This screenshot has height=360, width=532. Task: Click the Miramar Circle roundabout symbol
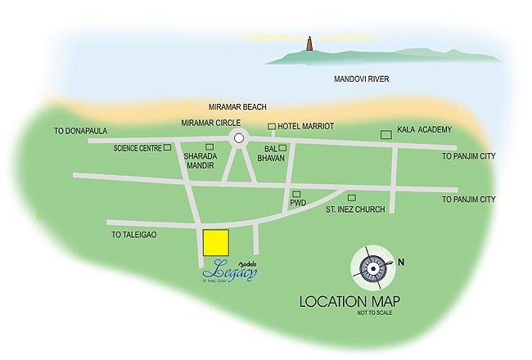pos(238,138)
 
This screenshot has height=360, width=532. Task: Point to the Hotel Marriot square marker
pos(273,126)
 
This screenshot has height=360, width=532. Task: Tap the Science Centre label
pos(137,148)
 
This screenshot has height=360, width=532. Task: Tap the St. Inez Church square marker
pos(352,198)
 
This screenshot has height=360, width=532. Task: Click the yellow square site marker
pos(215,243)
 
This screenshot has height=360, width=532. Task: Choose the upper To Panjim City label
pos(468,155)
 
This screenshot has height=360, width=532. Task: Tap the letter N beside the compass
pos(401,263)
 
